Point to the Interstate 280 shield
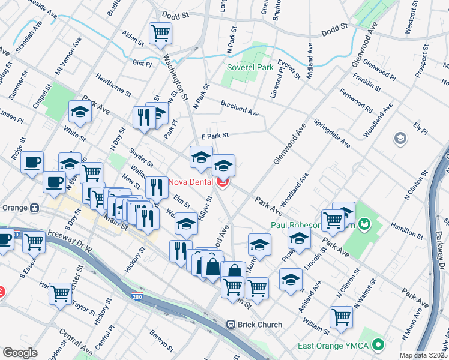coord(137,296)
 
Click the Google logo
coord(20,353)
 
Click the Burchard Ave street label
coord(239,108)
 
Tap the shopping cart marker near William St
coord(341,316)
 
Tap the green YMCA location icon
coord(378,346)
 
